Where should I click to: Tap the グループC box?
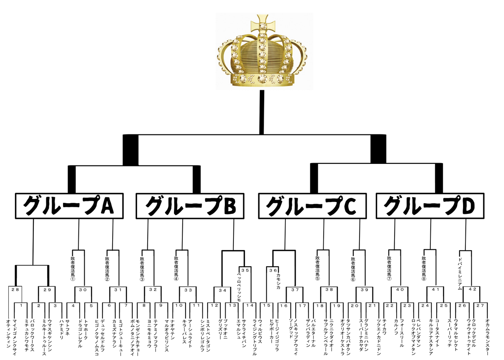311,206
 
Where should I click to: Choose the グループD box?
430,206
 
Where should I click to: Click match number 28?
15,289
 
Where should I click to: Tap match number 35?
245,270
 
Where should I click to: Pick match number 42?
472,289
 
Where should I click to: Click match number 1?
21,305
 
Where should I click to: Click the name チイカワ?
384,327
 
